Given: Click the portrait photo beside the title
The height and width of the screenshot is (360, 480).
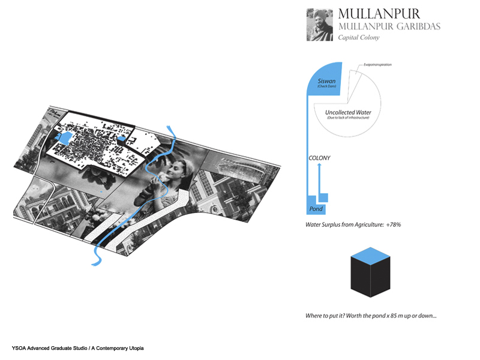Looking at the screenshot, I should [320, 24].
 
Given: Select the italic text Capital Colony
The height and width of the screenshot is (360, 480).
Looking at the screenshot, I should [359, 37].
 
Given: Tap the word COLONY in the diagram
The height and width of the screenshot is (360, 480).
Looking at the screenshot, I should [319, 158].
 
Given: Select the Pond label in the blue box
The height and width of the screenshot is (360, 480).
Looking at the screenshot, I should [316, 209].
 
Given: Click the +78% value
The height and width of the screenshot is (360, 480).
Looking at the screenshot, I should [393, 225].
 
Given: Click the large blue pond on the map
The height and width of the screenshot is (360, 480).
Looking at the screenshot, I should [63, 139].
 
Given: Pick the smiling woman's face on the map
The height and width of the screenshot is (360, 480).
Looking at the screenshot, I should [174, 171].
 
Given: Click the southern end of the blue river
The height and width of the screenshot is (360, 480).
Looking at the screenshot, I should [95, 262].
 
